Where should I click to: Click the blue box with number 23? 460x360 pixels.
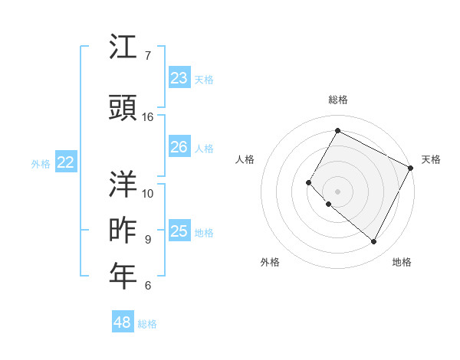pos(179,78)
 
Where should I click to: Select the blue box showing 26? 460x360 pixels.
pos(179,147)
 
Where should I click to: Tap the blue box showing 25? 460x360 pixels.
pos(179,231)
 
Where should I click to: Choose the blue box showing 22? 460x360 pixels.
pos(66,162)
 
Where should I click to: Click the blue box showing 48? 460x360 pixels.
pos(123,322)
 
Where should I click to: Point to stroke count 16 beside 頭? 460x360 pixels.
pos(148,116)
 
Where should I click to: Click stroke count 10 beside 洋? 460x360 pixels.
pos(148,192)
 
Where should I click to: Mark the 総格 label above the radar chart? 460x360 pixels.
pos(337,100)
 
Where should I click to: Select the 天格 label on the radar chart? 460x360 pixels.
pos(431,159)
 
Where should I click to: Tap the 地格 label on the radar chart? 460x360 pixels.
pos(402,262)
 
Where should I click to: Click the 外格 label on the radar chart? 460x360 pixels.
pos(270,262)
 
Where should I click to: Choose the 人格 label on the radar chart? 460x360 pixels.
pos(245,159)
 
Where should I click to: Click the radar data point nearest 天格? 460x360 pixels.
pos(411,167)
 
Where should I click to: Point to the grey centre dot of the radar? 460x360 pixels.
pos(337,191)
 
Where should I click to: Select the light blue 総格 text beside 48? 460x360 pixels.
pos(147,324)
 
